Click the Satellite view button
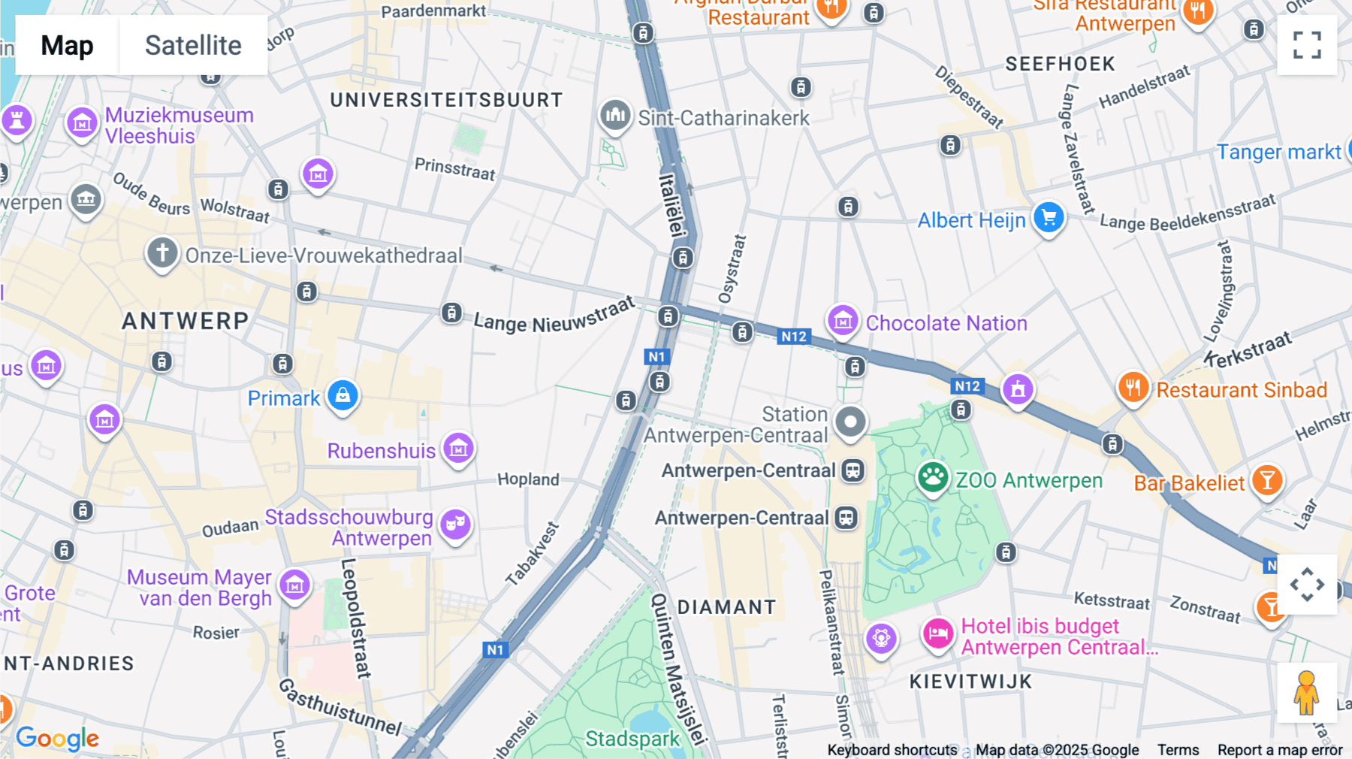tap(193, 45)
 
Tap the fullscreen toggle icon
tap(1307, 45)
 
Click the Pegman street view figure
tap(1306, 693)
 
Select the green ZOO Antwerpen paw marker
tap(933, 476)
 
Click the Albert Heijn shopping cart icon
tap(1049, 218)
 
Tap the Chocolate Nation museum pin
tap(843, 321)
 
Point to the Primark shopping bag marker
tap(343, 395)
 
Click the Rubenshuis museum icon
tap(458, 449)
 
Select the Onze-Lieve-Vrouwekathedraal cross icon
tap(162, 253)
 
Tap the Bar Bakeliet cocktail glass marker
tap(1267, 480)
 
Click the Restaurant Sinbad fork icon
tap(1133, 388)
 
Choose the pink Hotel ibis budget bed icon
tap(938, 634)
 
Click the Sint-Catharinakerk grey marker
tap(615, 116)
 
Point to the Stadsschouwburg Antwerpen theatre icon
tap(455, 524)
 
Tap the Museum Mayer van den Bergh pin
tap(294, 585)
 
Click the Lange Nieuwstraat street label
tap(554, 319)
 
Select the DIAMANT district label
tap(726, 607)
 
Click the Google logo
tap(58, 739)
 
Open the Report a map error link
tap(1279, 750)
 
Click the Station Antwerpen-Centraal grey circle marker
tap(850, 422)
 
